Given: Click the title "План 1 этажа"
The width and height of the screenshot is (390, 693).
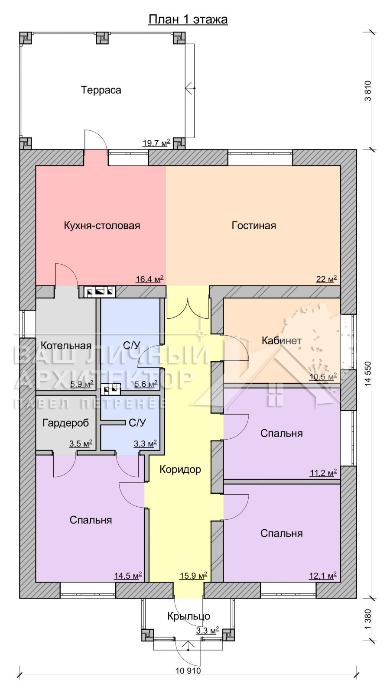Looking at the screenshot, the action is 188,19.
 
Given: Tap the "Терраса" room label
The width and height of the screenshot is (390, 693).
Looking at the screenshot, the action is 101,90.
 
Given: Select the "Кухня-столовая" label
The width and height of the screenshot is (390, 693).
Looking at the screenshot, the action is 102,225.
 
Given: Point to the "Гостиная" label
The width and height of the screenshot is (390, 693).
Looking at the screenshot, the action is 254,225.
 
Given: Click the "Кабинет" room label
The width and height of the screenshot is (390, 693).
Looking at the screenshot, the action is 282,340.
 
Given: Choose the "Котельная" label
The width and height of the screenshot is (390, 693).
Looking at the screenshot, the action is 66,346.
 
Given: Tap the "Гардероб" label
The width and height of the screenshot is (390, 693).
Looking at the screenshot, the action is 65,423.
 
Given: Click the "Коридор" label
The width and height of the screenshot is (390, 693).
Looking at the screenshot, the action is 180,470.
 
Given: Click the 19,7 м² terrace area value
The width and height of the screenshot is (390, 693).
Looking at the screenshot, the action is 156,143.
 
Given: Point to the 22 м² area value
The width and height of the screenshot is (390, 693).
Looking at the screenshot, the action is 326,279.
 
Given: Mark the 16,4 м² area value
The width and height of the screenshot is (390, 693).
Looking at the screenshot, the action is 149,279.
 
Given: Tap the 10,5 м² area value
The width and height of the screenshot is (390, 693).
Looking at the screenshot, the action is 323,377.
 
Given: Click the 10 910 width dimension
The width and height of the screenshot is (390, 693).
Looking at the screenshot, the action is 188,671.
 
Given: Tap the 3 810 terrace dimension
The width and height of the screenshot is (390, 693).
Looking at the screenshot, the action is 368,91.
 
